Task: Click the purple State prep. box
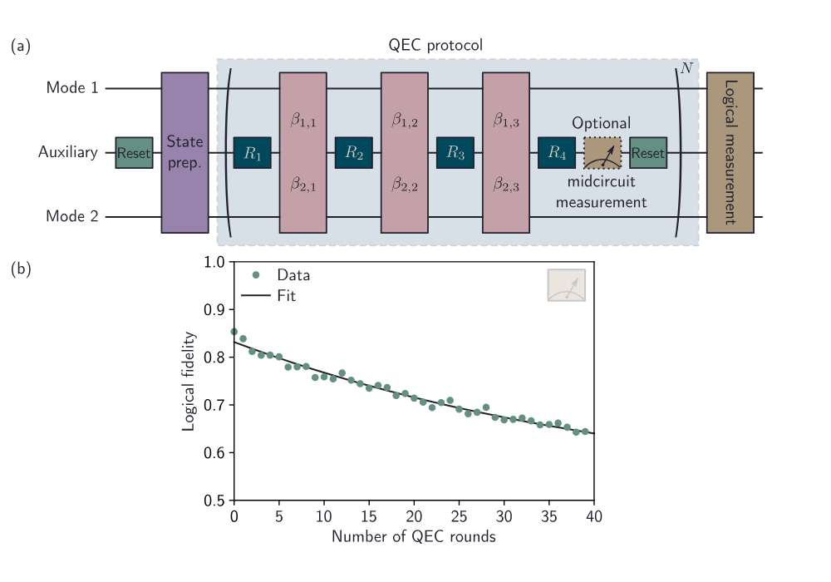[184, 152]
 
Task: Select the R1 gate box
[253, 153]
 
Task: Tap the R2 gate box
[354, 153]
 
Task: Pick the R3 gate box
[455, 153]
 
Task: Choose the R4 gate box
[557, 153]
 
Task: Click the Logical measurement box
[730, 152]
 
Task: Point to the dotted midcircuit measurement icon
[602, 153]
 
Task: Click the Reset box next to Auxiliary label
[134, 153]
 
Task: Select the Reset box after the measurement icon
[648, 153]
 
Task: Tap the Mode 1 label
[72, 88]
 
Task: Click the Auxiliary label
[68, 153]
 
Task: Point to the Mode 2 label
[72, 217]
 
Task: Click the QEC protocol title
[435, 45]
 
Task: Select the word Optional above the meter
[601, 122]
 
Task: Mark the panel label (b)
[21, 269]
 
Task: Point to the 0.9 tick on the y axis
[215, 310]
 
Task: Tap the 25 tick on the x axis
[459, 518]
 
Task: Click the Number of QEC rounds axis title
[414, 537]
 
